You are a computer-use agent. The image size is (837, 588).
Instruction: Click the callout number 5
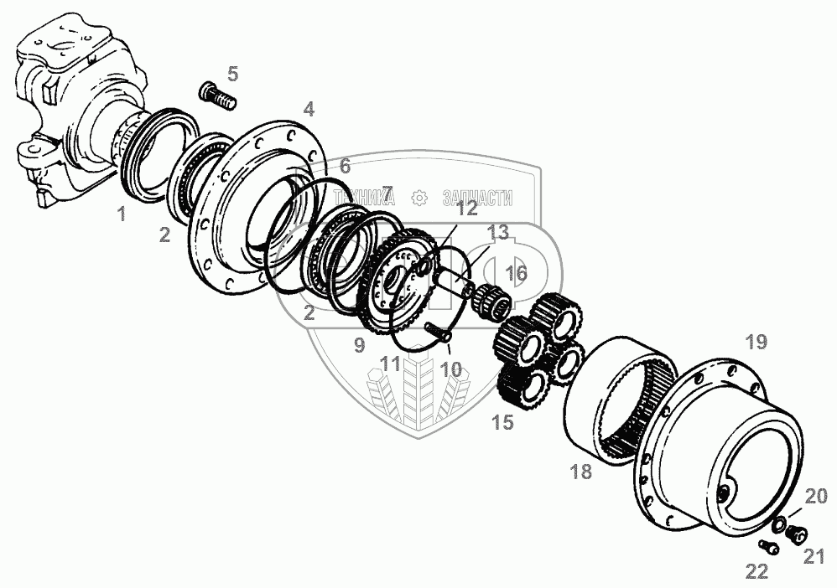click(232, 74)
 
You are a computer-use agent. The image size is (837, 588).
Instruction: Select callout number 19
click(756, 341)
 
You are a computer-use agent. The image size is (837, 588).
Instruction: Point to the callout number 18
click(580, 472)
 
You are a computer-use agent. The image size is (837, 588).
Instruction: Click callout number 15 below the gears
click(502, 422)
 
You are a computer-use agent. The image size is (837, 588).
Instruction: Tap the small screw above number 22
click(768, 547)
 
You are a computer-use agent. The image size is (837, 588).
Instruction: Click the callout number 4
click(309, 109)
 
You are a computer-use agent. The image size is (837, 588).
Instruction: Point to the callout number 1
click(122, 214)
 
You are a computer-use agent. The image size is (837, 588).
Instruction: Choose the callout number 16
click(517, 273)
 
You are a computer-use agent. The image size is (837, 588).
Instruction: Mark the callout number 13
click(498, 231)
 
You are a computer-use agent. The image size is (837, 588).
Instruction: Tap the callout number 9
click(359, 344)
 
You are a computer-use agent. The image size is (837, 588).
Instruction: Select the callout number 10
click(451, 369)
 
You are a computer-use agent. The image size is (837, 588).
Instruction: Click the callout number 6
click(345, 166)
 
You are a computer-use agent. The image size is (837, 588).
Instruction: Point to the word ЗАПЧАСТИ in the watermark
click(476, 199)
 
